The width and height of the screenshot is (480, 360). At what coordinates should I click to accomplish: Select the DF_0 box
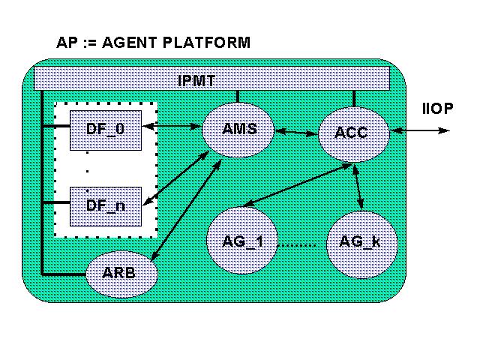106,128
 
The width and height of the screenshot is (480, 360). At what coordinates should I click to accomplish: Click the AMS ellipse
239,129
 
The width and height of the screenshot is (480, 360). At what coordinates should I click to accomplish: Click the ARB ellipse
121,273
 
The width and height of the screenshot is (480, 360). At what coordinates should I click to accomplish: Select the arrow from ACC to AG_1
297,184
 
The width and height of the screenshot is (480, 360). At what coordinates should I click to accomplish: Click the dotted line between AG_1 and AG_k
301,245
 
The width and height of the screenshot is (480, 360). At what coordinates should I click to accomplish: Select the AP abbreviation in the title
67,42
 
